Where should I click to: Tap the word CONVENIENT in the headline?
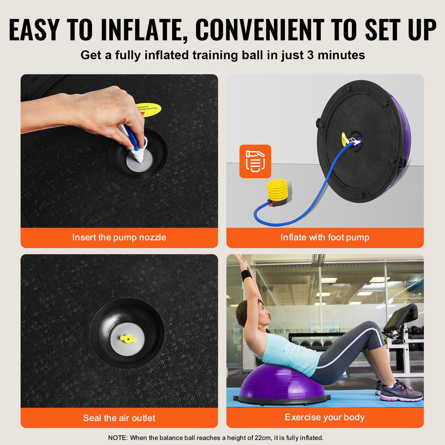tap(259, 30)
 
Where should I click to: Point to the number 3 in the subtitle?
tap(311, 55)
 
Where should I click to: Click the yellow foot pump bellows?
tap(277, 189)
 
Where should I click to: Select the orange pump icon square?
tap(255, 161)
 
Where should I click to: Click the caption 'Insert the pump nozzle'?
tap(119, 237)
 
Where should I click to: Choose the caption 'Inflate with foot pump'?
tap(325, 237)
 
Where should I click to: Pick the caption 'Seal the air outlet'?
tap(119, 418)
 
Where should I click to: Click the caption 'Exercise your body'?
tap(325, 417)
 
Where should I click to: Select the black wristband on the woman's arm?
tap(246, 275)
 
